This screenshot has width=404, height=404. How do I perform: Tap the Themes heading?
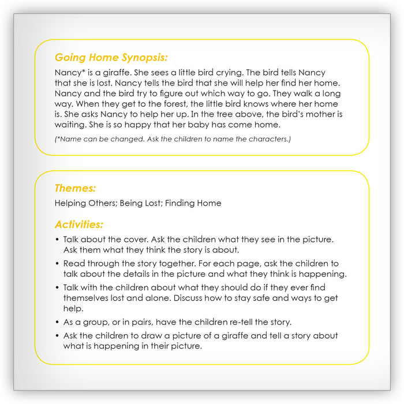coord(75,188)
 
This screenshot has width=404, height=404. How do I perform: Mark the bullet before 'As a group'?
coord(57,321)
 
